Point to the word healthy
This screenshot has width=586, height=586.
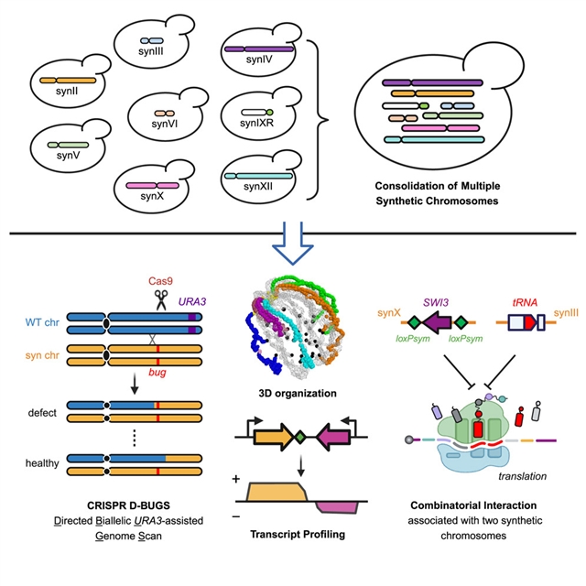click(41, 463)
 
